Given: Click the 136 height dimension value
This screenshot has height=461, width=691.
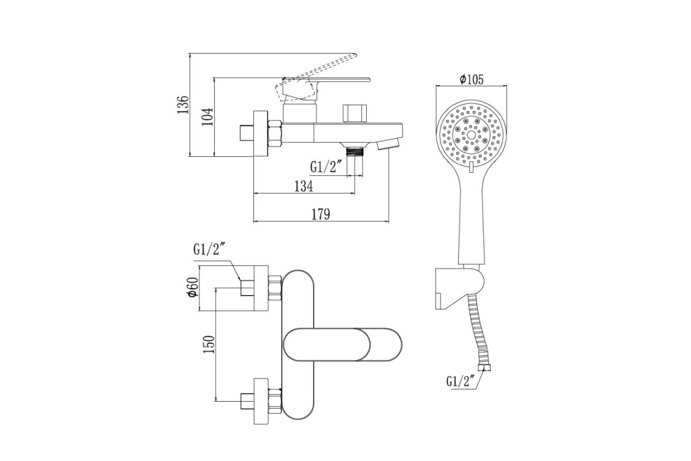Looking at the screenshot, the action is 183,105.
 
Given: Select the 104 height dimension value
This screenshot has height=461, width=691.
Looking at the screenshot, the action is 208,116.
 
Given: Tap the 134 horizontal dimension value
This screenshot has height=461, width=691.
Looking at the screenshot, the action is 303,186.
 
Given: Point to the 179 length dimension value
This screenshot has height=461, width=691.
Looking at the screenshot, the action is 321,214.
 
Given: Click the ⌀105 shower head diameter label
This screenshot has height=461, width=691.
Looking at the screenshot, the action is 472,80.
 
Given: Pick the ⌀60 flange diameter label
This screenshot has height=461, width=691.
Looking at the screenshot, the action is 193,287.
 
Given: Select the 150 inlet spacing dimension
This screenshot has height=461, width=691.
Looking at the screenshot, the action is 209,345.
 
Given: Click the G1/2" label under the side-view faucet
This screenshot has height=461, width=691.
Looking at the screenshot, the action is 326,167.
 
